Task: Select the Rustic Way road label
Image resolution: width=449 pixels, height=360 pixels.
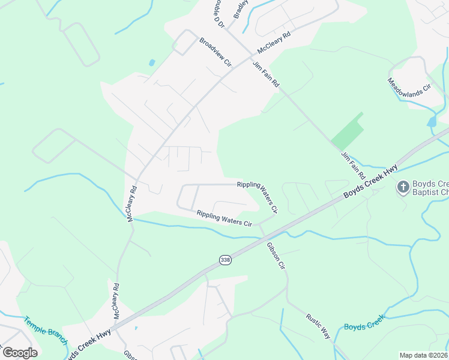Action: [318, 326]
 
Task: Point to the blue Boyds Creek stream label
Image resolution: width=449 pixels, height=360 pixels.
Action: [364, 326]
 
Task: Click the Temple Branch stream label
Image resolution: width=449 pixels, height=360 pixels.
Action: [46, 330]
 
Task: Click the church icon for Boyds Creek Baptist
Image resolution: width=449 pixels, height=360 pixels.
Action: [403, 187]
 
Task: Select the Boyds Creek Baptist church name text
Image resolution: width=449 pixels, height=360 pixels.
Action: [430, 188]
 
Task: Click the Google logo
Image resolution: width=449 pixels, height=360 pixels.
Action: [20, 353]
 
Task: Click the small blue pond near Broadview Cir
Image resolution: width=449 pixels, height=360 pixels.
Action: [152, 62]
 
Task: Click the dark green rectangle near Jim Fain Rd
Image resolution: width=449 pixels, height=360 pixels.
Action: [348, 131]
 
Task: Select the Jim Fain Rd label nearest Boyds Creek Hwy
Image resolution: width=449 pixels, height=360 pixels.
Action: [354, 167]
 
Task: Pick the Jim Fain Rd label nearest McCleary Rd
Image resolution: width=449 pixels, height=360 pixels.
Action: [266, 74]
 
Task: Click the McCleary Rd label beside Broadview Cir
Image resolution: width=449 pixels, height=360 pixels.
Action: [274, 43]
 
